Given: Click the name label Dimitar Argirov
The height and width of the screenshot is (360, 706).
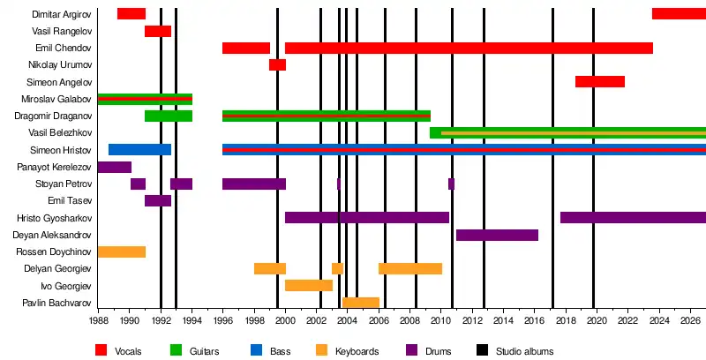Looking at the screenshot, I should pyautogui.click(x=62, y=14).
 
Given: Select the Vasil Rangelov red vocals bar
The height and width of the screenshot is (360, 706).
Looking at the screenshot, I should pyautogui.click(x=158, y=31).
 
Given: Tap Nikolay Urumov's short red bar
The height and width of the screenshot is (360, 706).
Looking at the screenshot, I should pyautogui.click(x=277, y=64).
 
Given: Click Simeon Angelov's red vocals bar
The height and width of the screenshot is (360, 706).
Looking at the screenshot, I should pyautogui.click(x=600, y=81).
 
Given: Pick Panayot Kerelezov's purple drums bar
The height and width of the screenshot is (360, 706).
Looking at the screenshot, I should pyautogui.click(x=115, y=167).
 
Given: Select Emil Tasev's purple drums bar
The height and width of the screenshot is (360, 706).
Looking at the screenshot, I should pyautogui.click(x=158, y=200).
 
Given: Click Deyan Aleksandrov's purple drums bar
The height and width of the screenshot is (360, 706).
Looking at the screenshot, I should pyautogui.click(x=497, y=235).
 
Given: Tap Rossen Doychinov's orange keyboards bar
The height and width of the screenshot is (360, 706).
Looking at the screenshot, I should pyautogui.click(x=122, y=251).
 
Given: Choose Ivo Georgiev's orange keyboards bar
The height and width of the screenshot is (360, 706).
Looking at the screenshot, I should pyautogui.click(x=309, y=285).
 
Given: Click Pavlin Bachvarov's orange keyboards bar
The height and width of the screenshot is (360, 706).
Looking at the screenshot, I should pyautogui.click(x=361, y=303).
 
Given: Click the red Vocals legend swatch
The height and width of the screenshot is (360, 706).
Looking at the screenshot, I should pyautogui.click(x=102, y=351).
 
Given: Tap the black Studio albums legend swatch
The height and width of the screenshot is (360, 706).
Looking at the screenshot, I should pyautogui.click(x=484, y=351).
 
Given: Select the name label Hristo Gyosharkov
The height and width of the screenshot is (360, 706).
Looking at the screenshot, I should pyautogui.click(x=54, y=218).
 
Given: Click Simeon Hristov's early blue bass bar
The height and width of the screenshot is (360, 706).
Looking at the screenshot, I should pyautogui.click(x=139, y=150).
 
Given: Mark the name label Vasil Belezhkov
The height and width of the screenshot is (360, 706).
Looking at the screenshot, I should pyautogui.click(x=60, y=133).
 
